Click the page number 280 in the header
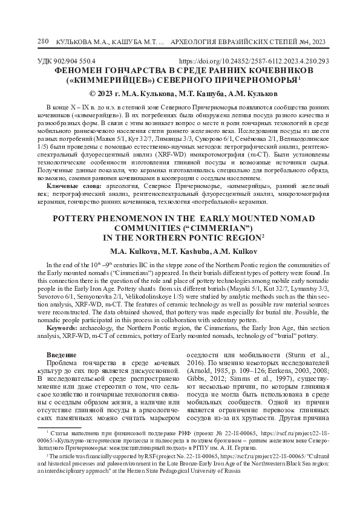pos(42,41)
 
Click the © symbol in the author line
pos(93,94)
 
